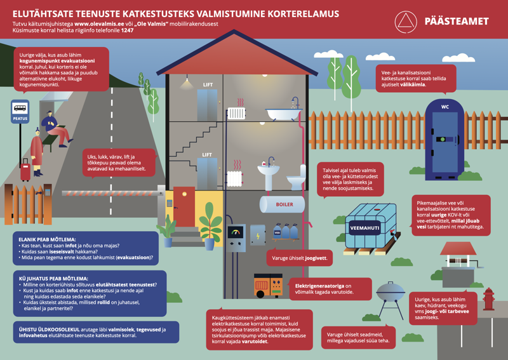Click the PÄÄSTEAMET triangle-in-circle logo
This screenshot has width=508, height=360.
click(406, 22)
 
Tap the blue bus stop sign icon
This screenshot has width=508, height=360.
click(20, 109)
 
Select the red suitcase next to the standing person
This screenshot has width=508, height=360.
click(25, 171)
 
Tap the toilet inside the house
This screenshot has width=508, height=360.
click(295, 181)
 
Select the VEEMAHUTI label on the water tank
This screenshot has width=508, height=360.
click(364, 225)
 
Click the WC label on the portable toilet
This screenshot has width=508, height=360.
click(445, 107)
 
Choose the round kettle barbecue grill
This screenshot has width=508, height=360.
click(390, 297)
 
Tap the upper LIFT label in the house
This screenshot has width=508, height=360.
click(208, 84)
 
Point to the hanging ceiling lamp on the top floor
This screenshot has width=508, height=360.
click(186, 82)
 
